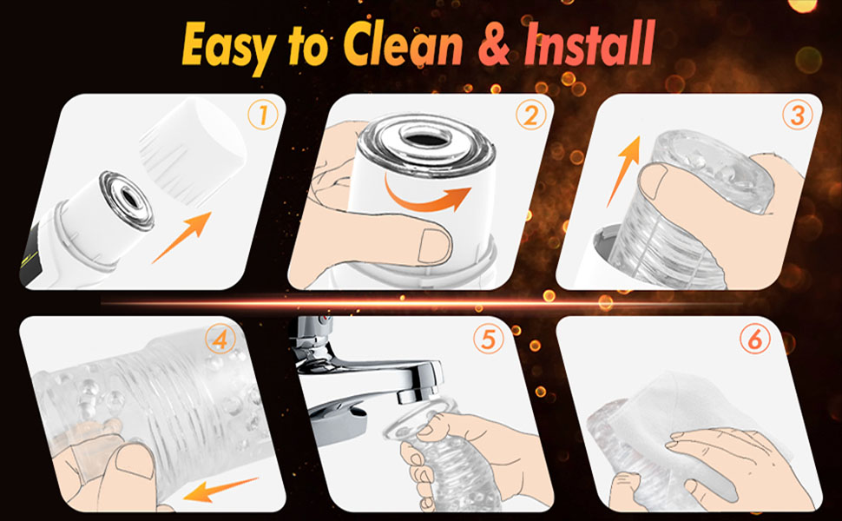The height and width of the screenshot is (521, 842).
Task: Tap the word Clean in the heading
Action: (403, 43)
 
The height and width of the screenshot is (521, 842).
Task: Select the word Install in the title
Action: (589, 43)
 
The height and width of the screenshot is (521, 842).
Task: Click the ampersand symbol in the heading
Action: (493, 45)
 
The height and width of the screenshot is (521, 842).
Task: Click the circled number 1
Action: (263, 115)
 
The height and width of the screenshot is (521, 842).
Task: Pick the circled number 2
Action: (531, 115)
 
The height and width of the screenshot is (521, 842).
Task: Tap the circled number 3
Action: (798, 115)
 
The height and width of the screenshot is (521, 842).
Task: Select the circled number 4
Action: (220, 340)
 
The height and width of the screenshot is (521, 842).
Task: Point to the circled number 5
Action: (488, 340)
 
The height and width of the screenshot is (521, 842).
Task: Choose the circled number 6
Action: (755, 340)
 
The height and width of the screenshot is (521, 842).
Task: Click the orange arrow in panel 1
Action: (181, 237)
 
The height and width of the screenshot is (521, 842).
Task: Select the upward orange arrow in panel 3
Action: (624, 171)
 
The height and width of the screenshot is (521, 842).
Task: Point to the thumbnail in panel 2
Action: (434, 246)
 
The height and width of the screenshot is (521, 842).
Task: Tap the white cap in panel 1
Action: (194, 152)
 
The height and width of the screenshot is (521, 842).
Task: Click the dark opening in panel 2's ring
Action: (424, 139)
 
